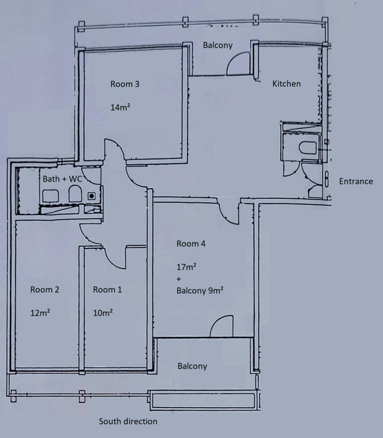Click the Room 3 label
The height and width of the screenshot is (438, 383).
(125, 84)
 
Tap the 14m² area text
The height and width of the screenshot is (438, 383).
(120, 107)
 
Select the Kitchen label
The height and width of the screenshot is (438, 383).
(286, 84)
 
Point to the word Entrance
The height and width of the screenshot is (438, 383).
(356, 181)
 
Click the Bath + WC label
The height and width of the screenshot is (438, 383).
(62, 179)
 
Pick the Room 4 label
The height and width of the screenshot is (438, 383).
(191, 244)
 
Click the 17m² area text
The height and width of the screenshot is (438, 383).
(186, 267)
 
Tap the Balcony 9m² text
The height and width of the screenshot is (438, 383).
(200, 290)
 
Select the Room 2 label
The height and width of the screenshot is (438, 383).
(45, 290)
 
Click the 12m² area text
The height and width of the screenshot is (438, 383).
(40, 313)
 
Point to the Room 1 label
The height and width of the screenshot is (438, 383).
(107, 290)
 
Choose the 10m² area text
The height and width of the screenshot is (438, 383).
(103, 313)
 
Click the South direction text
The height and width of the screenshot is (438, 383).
(128, 421)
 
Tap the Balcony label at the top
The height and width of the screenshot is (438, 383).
(218, 45)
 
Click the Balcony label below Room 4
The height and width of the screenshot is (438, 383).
(192, 366)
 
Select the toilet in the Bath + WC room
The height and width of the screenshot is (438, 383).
(75, 194)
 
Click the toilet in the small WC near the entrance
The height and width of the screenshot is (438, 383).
(307, 148)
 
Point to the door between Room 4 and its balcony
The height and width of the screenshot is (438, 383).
(222, 327)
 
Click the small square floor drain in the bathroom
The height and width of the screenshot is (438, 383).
(92, 196)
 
